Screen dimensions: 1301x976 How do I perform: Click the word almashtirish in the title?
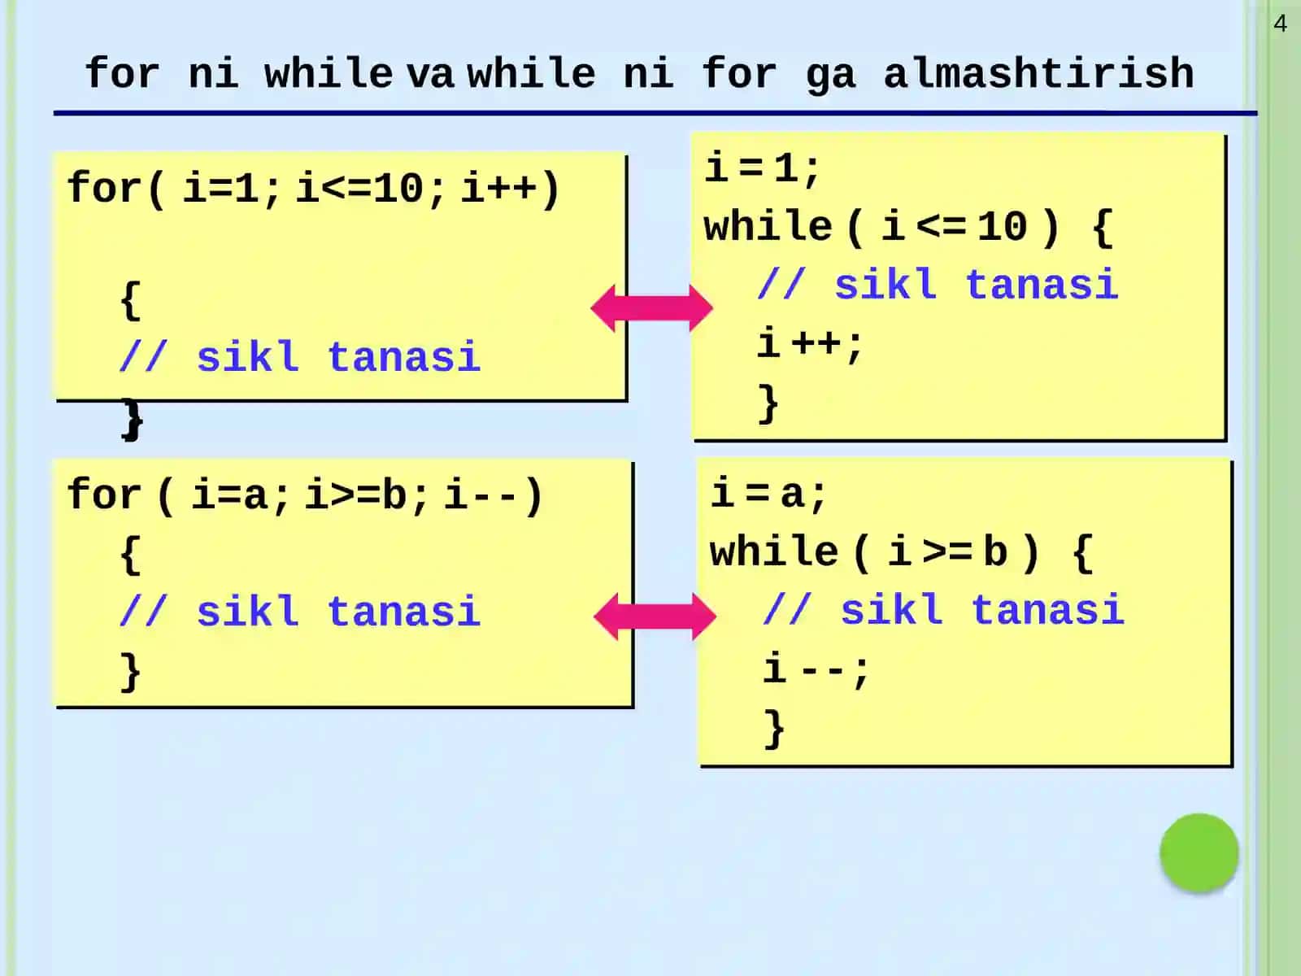1038,73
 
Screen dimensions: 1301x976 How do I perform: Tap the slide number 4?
1280,24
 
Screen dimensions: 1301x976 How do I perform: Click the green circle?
1199,852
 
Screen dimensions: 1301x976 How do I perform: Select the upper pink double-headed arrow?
652,308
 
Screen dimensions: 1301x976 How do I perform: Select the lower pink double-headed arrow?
655,617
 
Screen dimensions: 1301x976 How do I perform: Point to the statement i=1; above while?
762,168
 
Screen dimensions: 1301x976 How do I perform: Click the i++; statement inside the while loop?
810,344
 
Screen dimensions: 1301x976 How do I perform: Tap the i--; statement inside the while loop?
816,669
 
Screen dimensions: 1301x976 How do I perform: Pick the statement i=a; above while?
768,494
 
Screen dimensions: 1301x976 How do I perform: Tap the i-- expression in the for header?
480,495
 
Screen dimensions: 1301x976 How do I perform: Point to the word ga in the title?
831,76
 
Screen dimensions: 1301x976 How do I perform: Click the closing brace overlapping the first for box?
133,420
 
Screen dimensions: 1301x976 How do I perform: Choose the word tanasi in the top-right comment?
1042,285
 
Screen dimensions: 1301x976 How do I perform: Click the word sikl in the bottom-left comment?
248,611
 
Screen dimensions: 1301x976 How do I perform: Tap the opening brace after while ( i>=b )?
1083,553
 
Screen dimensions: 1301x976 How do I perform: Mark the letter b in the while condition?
995,551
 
